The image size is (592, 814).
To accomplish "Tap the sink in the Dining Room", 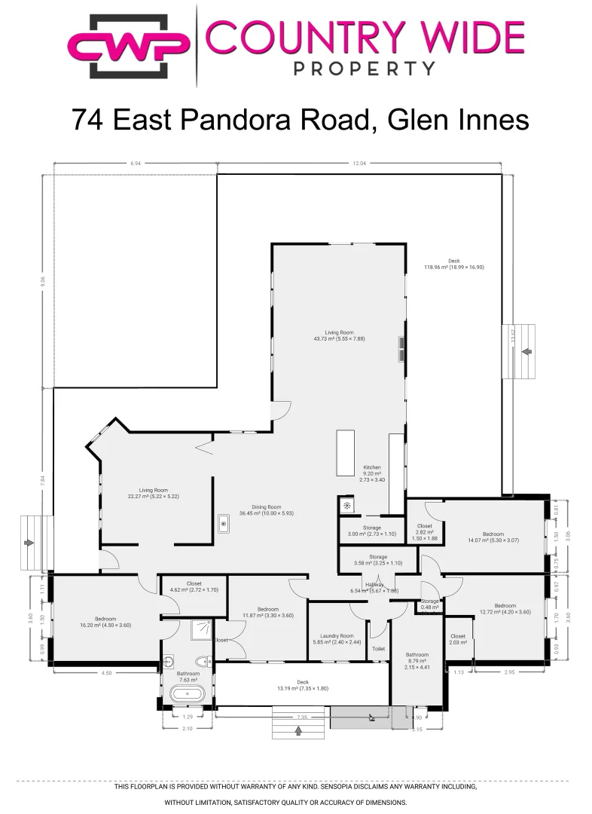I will pyautogui.click(x=224, y=523).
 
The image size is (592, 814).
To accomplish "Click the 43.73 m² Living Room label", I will pyautogui.click(x=339, y=335).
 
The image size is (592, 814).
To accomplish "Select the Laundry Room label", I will pyautogui.click(x=337, y=638).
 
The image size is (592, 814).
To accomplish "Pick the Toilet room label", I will pyautogui.click(x=378, y=648).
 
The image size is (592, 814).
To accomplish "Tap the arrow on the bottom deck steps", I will pyautogui.click(x=298, y=730).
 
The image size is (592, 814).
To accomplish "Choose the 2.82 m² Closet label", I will pyautogui.click(x=425, y=531).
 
